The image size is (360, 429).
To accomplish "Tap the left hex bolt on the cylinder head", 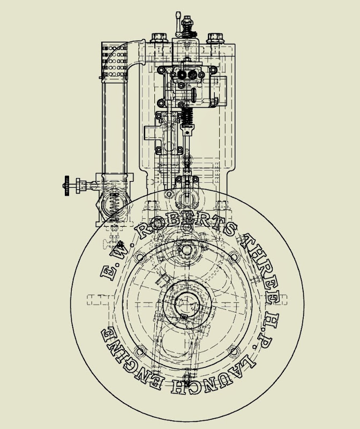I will coord(159,38).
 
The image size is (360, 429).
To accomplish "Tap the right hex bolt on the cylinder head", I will coord(215,38).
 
